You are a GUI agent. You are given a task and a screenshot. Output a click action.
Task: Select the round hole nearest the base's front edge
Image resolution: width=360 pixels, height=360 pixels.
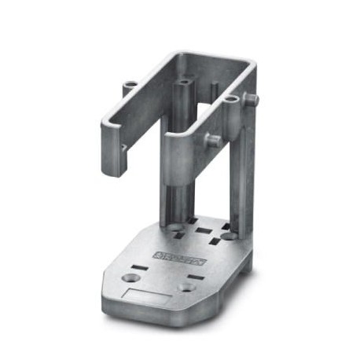pyautogui.click(x=186, y=287)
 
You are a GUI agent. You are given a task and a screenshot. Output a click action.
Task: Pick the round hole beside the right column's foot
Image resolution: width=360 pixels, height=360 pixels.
pyautogui.click(x=227, y=235)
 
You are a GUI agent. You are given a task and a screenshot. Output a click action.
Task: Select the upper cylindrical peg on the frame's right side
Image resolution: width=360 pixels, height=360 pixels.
pyautogui.click(x=252, y=99)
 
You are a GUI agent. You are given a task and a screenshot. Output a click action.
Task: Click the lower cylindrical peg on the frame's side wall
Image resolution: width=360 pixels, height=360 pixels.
pyautogui.click(x=213, y=139)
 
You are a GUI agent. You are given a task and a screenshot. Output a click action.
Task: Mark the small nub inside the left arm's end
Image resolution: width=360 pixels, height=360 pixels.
pyautogui.click(x=123, y=146)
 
